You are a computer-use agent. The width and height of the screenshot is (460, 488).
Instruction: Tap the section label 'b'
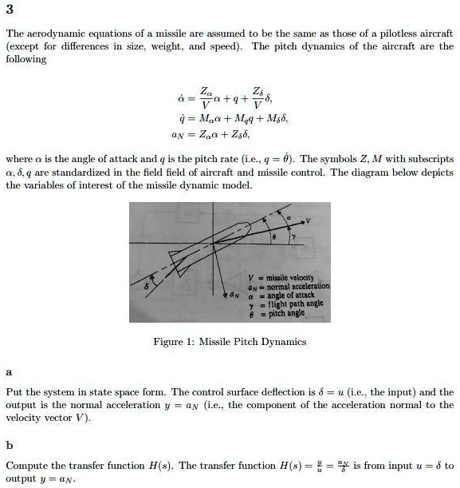click(8, 443)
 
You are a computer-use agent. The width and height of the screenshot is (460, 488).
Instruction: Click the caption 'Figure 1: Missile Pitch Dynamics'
click(230, 342)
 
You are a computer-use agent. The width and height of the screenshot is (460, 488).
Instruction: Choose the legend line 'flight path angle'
click(293, 304)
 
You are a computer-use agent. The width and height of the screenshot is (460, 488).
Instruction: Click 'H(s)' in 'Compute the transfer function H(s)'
click(159, 465)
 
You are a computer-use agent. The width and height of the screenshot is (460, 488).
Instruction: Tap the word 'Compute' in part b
click(24, 465)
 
